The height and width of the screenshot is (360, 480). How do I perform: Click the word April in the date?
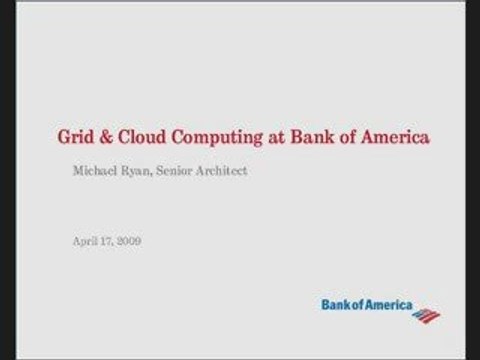coord(87,241)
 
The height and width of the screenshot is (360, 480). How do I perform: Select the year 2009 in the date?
coord(130,241)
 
